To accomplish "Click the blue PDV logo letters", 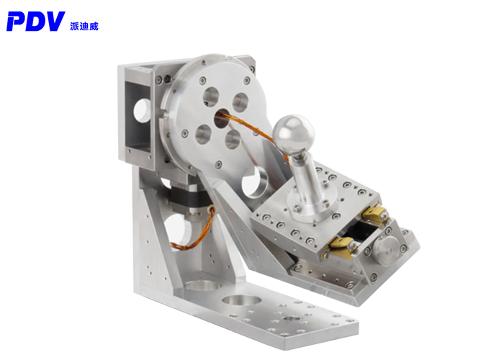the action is click(36, 22).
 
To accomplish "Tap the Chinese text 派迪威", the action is click(84, 27).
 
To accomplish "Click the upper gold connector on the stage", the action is click(375, 214).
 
